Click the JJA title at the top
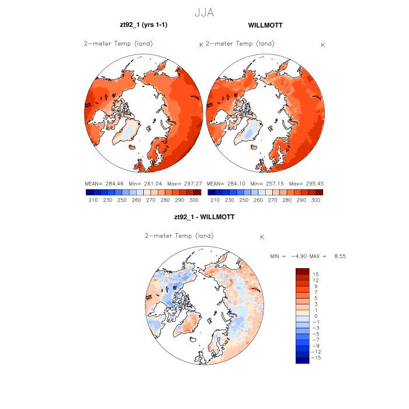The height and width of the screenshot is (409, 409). (204, 11)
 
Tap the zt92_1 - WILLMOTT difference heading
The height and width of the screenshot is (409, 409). (204, 217)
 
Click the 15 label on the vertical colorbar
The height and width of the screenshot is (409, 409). (315, 274)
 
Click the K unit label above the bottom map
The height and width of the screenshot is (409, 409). (262, 237)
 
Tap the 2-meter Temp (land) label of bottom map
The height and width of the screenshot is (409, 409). (179, 235)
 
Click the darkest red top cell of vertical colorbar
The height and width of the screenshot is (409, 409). (301, 271)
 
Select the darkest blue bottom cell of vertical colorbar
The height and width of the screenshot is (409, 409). (301, 361)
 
